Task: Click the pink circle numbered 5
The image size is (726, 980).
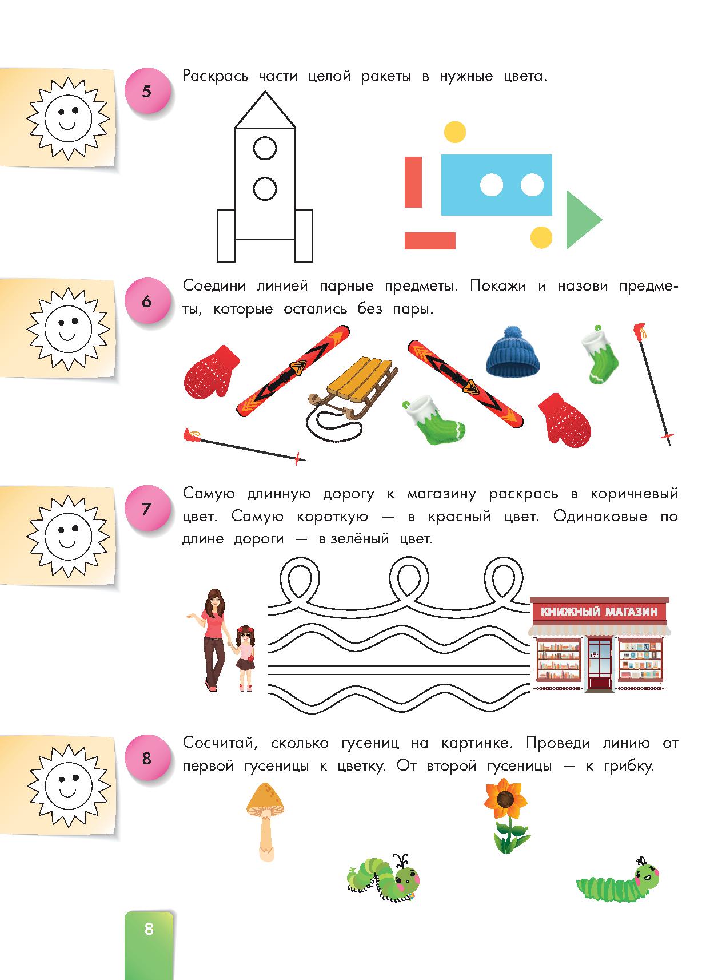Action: tap(147, 91)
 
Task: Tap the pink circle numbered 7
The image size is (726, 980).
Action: tap(147, 508)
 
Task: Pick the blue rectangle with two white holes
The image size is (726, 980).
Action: tap(497, 185)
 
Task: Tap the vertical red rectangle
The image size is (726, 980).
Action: tap(413, 182)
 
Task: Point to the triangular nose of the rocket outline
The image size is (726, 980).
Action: tap(265, 110)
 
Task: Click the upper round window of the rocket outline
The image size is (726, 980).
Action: tap(265, 149)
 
